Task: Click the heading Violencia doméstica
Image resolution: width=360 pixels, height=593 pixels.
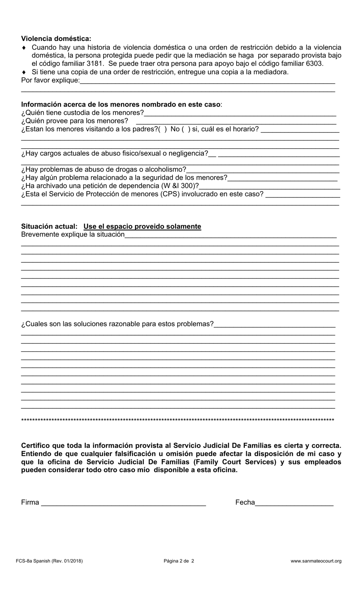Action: [56, 39]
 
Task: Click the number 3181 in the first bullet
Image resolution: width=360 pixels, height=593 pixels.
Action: [95, 64]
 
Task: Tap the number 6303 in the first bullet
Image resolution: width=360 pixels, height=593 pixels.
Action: [314, 64]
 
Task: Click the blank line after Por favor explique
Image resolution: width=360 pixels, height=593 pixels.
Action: [207, 81]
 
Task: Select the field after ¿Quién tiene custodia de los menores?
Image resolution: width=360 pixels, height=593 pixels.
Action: [240, 113]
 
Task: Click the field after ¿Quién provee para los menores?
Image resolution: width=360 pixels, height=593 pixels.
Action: [236, 122]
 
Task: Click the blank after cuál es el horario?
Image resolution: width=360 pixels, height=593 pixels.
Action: [300, 130]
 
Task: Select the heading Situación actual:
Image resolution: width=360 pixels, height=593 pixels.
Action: [49, 226]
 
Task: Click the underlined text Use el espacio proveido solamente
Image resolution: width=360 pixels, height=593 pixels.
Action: [142, 226]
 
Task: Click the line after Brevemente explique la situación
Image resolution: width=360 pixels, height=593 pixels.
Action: [230, 235]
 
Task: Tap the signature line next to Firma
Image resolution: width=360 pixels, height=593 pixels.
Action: [123, 503]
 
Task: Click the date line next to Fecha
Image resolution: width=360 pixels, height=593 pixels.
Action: [294, 503]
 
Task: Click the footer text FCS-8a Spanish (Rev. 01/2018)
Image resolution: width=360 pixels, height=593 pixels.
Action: [49, 561]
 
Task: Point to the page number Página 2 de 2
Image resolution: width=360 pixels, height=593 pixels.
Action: [179, 561]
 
